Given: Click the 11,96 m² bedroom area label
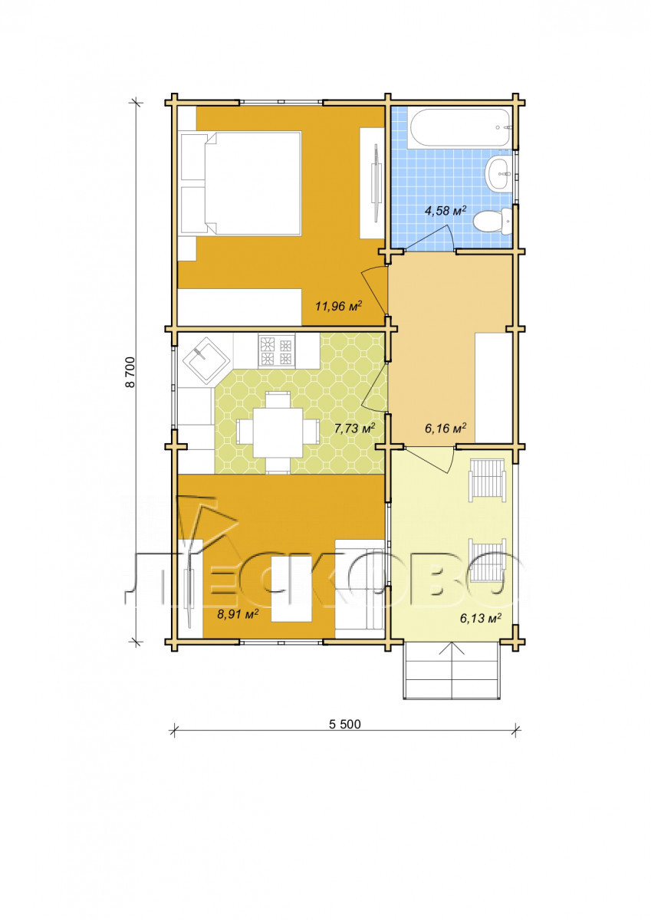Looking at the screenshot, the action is tap(338, 306).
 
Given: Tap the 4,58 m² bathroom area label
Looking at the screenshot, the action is tap(446, 211).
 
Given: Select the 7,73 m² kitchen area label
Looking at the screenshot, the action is tap(354, 429).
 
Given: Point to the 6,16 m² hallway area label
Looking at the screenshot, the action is tap(446, 429).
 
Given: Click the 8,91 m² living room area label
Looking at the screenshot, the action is tap(238, 613).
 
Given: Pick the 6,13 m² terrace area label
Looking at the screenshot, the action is tap(481, 618).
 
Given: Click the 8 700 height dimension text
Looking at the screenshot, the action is tap(131, 373).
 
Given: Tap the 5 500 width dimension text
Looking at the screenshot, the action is tap(345, 734).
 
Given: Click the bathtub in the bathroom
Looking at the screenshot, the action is tap(459, 128).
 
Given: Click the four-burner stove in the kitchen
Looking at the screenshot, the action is tap(276, 351).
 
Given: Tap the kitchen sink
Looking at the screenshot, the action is tap(205, 360).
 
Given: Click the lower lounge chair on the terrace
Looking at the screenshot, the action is tap(488, 561).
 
